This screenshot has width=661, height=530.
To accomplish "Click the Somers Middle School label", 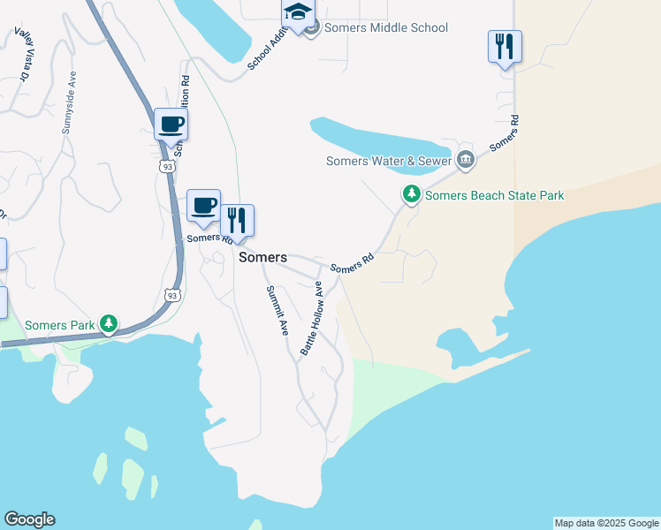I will pyautogui.click(x=386, y=27).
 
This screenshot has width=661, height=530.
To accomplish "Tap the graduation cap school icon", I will pyautogui.click(x=298, y=14).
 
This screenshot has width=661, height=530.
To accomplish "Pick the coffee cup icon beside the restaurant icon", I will pyautogui.click(x=203, y=205).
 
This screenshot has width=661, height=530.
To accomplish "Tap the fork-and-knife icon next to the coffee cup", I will pyautogui.click(x=237, y=220).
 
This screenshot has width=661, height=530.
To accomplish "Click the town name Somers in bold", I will pyautogui.click(x=263, y=257).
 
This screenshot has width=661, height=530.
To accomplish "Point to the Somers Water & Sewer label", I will pyautogui.click(x=389, y=161).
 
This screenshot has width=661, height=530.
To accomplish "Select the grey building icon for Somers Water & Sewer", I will pyautogui.click(x=466, y=160).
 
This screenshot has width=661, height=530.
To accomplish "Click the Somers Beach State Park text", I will pyautogui.click(x=494, y=195).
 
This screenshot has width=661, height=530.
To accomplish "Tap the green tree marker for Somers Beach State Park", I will pyautogui.click(x=411, y=194).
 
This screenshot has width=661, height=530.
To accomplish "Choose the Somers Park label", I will pyautogui.click(x=59, y=325).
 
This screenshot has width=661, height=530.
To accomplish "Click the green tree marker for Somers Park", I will pyautogui.click(x=109, y=324).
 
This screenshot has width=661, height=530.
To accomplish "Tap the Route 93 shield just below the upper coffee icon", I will pyautogui.click(x=167, y=165).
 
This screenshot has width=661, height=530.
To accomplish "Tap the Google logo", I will pyautogui.click(x=29, y=519).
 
